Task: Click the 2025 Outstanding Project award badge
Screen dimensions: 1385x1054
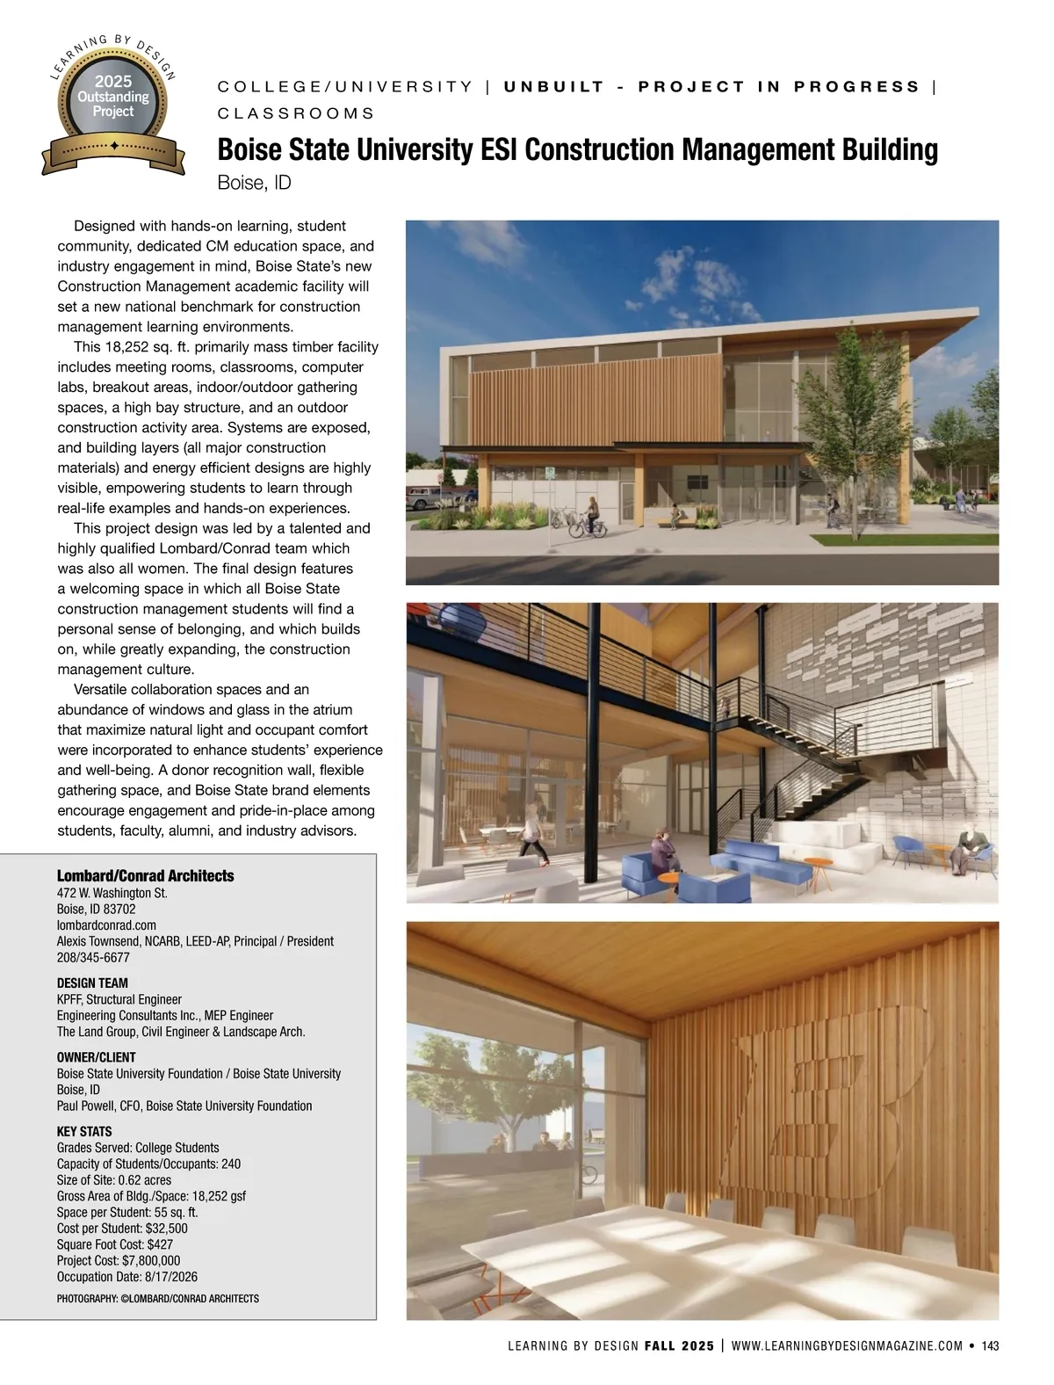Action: (x=113, y=104)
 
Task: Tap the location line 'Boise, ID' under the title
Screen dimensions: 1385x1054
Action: (x=254, y=183)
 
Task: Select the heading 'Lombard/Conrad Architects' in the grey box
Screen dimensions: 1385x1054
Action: (x=145, y=875)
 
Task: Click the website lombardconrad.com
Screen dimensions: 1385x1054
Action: (x=106, y=925)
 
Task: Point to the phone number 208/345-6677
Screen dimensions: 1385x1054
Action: (x=93, y=957)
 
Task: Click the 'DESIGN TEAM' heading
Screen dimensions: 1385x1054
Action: (x=92, y=983)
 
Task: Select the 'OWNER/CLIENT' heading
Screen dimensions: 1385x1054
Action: (x=97, y=1057)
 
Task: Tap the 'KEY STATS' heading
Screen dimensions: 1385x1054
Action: (x=84, y=1131)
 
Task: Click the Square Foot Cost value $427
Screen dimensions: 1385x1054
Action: (x=160, y=1244)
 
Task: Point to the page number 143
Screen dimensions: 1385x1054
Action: (x=991, y=1345)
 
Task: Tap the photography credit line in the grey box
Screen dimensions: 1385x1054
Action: (x=158, y=1298)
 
